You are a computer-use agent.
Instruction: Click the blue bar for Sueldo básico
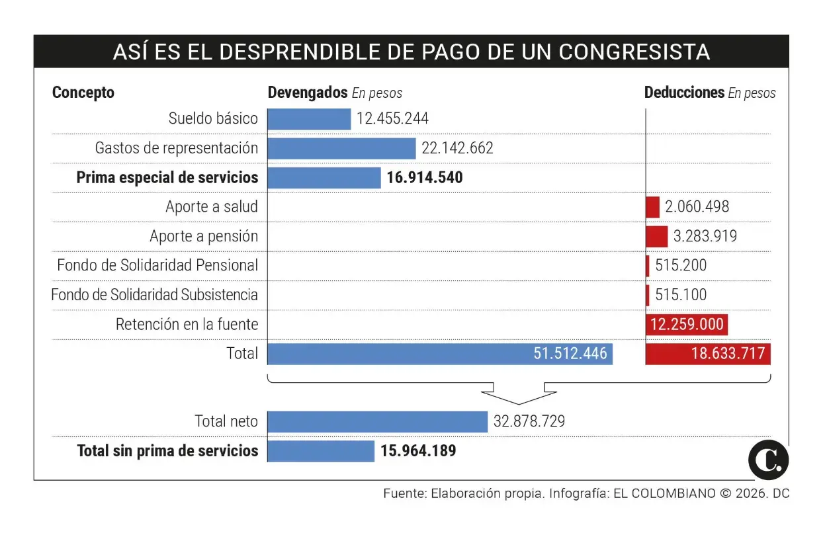point(309,119)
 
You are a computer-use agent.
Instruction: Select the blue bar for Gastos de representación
point(341,148)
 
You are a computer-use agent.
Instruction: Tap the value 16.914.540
point(425,178)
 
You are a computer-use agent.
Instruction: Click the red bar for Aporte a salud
point(653,207)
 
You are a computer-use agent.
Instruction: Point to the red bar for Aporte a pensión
point(657,236)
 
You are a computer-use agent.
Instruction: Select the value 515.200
point(681,266)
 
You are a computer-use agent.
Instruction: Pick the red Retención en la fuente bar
point(687,325)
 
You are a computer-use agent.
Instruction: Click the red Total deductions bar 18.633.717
point(708,354)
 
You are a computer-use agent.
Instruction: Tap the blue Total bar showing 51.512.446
point(440,354)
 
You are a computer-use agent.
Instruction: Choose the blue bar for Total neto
point(378,421)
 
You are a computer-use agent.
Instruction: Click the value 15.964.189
point(418,451)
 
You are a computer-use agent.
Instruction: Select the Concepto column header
point(83,93)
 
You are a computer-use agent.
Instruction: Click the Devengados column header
point(308,93)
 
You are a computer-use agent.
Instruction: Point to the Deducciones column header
point(684,93)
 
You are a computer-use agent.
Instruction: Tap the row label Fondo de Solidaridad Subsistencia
point(155,295)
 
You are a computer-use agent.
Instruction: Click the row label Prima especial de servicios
point(167,178)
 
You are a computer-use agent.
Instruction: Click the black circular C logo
point(769,460)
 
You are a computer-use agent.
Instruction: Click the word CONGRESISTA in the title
point(634,52)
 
